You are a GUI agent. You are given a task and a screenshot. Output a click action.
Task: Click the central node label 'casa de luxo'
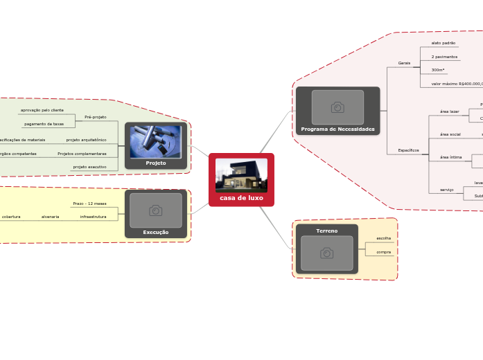coord(241,198)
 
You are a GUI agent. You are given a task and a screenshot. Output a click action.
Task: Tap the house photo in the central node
coord(241,175)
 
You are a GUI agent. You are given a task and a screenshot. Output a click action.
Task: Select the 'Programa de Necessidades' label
coord(337,129)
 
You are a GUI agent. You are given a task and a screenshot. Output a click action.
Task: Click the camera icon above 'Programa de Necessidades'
coord(337,107)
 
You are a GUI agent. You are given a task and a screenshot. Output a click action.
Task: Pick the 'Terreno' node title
coord(326,231)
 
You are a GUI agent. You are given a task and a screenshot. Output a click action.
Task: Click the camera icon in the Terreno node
coord(326,253)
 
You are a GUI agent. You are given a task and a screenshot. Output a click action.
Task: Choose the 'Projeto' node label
coord(156,163)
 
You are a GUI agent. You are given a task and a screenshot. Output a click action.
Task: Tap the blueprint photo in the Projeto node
coord(156,142)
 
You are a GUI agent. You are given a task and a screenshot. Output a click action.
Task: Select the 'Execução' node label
coord(156,232)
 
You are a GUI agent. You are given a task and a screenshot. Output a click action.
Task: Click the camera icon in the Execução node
coord(156,210)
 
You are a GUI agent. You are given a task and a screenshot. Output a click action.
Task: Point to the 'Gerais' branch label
coord(404,63)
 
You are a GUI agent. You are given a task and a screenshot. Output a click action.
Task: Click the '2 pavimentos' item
coord(444,56)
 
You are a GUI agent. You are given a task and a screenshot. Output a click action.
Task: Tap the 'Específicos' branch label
coord(408,150)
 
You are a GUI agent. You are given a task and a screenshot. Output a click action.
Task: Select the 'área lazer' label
coord(449,111)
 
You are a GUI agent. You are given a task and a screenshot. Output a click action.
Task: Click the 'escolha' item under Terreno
coord(383,238)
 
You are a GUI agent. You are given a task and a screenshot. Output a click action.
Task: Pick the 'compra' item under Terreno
coord(383,252)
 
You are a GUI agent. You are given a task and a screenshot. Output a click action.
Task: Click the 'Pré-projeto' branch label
coord(96,117)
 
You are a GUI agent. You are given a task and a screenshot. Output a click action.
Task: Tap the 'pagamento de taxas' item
coord(44,124)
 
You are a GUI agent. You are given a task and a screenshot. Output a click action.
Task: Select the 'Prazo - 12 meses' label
coord(89,204)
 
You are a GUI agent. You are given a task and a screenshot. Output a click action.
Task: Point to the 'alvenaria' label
coord(50,217)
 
